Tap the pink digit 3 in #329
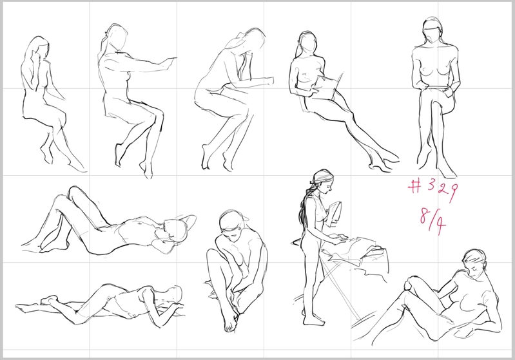432,185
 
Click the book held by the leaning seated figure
329,86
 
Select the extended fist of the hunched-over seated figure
269,81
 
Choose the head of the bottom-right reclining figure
475,263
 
